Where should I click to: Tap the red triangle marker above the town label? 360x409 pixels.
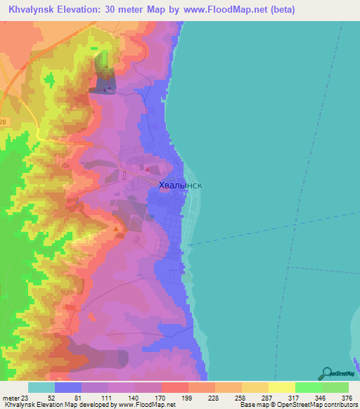click(x=147, y=169)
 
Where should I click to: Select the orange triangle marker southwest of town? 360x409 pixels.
click(x=116, y=228)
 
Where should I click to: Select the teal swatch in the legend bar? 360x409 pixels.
click(x=41, y=387)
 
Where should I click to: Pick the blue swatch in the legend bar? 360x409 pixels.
click(x=68, y=387)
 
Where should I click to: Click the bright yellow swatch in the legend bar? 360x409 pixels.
click(x=281, y=387)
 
